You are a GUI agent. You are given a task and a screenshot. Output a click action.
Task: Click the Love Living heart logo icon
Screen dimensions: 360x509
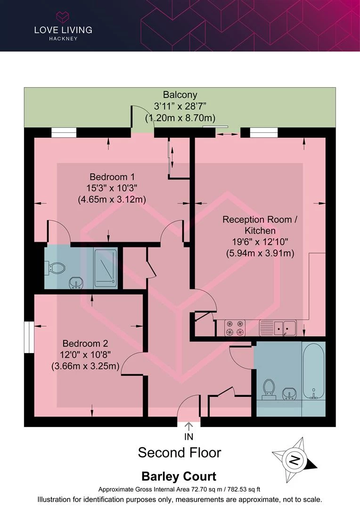tap(63, 17)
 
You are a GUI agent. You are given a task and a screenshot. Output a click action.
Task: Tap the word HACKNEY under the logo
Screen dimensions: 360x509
tap(63, 39)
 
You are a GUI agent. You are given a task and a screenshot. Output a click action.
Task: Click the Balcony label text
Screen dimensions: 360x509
tap(180, 95)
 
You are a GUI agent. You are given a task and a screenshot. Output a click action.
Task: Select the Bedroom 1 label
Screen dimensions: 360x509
tap(112, 177)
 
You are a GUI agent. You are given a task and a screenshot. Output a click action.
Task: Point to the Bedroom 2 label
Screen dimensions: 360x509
tap(85, 344)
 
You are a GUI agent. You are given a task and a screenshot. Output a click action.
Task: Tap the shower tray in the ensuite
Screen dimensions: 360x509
tap(105, 268)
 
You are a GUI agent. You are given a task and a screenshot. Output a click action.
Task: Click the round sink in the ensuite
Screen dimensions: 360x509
tap(76, 283)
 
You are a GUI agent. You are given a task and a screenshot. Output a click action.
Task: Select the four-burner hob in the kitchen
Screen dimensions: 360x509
tap(235, 328)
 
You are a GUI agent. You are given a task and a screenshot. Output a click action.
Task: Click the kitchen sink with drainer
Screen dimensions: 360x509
tap(278, 328)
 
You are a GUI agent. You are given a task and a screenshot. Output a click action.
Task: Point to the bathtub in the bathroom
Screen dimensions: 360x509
tap(313, 371)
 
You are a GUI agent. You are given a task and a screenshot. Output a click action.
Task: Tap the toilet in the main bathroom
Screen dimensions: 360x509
tap(269, 390)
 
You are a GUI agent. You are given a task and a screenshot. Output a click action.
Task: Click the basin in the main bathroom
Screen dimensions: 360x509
tap(288, 394)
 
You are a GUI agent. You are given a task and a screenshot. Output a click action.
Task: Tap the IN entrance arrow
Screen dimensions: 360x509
tap(188, 427)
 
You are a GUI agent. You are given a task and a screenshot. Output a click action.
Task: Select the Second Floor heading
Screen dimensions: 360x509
tap(180, 452)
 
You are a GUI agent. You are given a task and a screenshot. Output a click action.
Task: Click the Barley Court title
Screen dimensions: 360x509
tap(179, 476)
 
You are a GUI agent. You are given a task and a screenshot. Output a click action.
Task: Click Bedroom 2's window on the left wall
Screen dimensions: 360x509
tap(29, 337)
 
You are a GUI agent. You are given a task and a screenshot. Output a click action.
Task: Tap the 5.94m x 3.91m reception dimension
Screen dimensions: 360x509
tap(260, 253)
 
